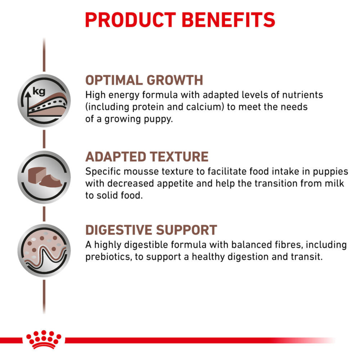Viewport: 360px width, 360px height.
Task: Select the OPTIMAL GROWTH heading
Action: (144, 80)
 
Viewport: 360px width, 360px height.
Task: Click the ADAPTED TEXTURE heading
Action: (147, 157)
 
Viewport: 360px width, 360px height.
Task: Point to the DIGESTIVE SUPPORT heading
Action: (151, 230)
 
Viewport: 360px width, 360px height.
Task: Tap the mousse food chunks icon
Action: (44, 177)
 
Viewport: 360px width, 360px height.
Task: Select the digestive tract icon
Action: (44, 250)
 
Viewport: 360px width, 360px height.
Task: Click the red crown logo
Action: (44, 339)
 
